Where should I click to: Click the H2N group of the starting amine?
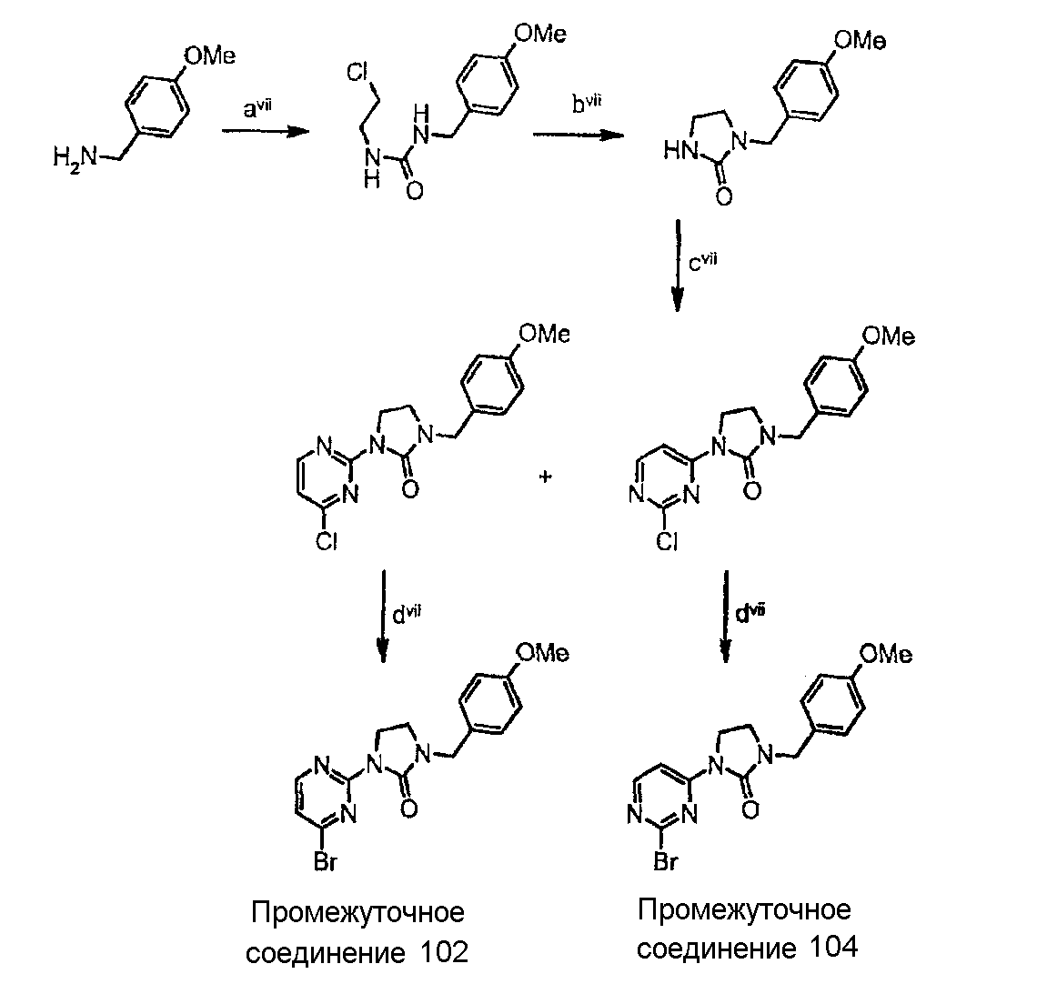(x=75, y=159)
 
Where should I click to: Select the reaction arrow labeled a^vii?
(x=265, y=132)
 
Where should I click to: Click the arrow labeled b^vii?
(x=579, y=135)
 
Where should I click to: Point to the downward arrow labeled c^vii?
(x=679, y=265)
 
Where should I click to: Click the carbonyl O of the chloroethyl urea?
(x=415, y=191)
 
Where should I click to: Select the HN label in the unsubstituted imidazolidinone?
(x=680, y=151)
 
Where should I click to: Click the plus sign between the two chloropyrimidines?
(x=546, y=477)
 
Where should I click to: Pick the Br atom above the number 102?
(x=326, y=861)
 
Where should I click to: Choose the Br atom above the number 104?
(x=665, y=861)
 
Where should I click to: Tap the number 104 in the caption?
(x=834, y=948)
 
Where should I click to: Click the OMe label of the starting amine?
(x=209, y=55)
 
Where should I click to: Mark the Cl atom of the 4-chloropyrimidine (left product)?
(x=327, y=540)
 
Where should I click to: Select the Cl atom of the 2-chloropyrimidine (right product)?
(x=667, y=540)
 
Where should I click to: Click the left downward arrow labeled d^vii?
(x=383, y=616)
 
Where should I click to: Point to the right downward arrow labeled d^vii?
(x=725, y=616)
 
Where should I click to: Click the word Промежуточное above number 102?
(x=358, y=912)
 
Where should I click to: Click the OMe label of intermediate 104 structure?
(x=887, y=654)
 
